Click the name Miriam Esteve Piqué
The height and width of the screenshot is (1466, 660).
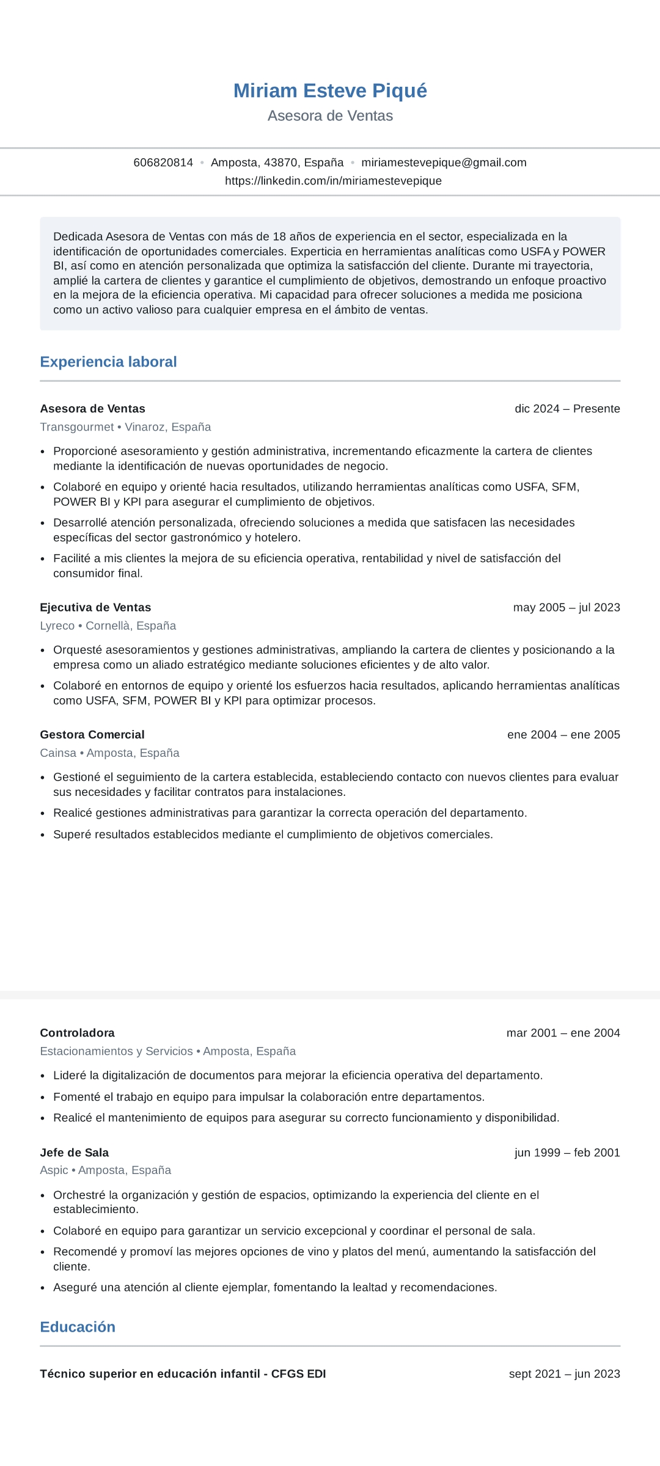(x=330, y=90)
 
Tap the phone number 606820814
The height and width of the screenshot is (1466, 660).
(x=163, y=162)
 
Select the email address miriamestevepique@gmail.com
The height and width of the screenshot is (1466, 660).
(x=444, y=162)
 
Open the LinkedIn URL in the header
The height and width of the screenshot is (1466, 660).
(x=333, y=181)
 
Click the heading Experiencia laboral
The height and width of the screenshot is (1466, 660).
(x=108, y=362)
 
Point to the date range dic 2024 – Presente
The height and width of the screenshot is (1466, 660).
(x=567, y=409)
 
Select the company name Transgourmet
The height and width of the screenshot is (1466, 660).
(x=77, y=427)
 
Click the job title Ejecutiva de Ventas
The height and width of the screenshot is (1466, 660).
(x=95, y=607)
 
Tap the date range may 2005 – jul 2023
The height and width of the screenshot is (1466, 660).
(x=566, y=607)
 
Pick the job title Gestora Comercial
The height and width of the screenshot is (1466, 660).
(x=92, y=734)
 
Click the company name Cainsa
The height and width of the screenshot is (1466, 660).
(x=58, y=753)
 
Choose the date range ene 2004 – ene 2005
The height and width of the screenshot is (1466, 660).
(x=563, y=734)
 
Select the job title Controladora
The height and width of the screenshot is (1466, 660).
(x=77, y=1033)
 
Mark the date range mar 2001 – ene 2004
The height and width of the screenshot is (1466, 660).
(x=563, y=1033)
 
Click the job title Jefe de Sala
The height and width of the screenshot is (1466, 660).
(x=74, y=1153)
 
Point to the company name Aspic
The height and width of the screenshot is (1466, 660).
(x=54, y=1170)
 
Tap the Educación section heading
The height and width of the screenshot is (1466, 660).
(x=78, y=1327)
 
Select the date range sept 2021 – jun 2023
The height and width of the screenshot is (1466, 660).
(x=564, y=1374)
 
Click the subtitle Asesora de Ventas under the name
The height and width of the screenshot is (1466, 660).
(x=330, y=116)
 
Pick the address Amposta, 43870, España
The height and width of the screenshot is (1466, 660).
(x=277, y=162)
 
